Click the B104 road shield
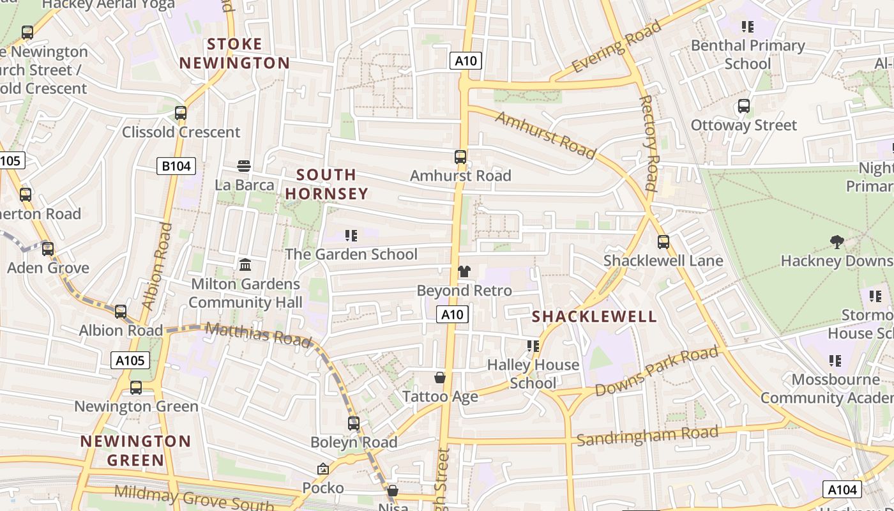pos(176,166)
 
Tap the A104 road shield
pos(842,489)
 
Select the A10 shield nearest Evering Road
pos(466,61)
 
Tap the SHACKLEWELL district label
pos(594,316)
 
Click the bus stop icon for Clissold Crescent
pos(181,113)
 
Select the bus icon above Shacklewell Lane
pos(663,242)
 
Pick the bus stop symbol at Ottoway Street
pos(744,106)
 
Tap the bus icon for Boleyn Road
pos(354,423)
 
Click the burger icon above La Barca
pos(244,166)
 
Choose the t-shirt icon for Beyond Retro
pos(464,271)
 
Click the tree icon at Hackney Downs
pos(837,241)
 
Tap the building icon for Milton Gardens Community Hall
pos(245,264)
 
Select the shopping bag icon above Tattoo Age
pos(440,378)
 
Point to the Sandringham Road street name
pos(647,436)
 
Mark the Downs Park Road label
pos(656,372)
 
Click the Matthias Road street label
pos(259,334)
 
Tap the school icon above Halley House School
pos(533,346)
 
